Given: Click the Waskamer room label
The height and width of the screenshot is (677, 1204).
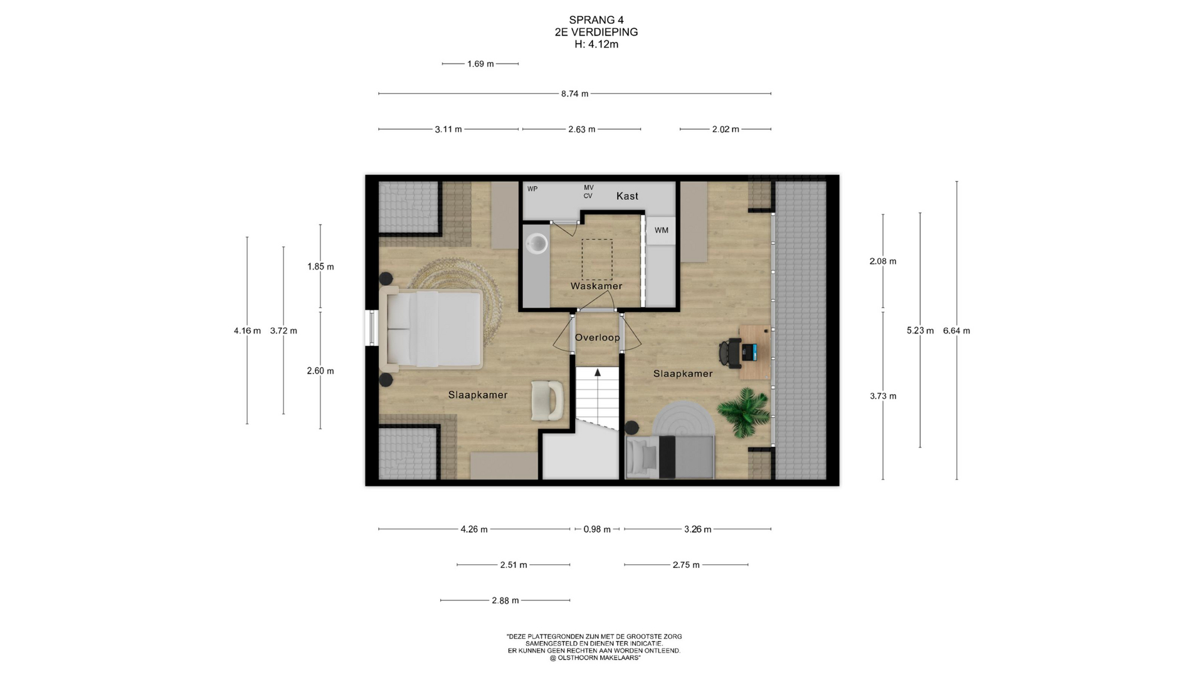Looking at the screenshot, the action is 596,286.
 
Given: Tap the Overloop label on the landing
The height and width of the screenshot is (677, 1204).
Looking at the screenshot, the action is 597,337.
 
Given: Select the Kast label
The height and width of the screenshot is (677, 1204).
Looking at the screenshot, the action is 627,196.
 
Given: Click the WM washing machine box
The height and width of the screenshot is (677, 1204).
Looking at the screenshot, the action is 661,230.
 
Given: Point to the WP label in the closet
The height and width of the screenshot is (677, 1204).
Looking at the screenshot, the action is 532,189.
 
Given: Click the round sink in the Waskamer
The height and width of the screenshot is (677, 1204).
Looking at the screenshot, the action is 537,243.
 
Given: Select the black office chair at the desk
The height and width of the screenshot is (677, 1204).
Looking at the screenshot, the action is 731,352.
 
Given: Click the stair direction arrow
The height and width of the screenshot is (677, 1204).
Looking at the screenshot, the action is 598,372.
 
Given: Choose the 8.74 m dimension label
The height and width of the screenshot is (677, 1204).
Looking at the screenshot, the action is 574,94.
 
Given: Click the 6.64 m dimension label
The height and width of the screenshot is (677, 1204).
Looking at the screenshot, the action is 956,331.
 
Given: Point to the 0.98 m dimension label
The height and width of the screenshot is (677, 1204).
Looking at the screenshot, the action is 597,530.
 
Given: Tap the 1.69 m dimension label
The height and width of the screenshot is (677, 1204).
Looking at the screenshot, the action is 480,64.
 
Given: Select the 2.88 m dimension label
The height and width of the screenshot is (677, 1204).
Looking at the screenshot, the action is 505,601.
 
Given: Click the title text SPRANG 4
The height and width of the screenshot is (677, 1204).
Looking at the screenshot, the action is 596,20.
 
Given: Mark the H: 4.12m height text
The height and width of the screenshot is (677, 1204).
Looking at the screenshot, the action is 596,45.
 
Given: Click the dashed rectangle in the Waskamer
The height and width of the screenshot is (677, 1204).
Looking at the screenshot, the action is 597,260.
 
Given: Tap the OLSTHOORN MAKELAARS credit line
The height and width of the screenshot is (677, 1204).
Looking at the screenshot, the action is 594,658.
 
